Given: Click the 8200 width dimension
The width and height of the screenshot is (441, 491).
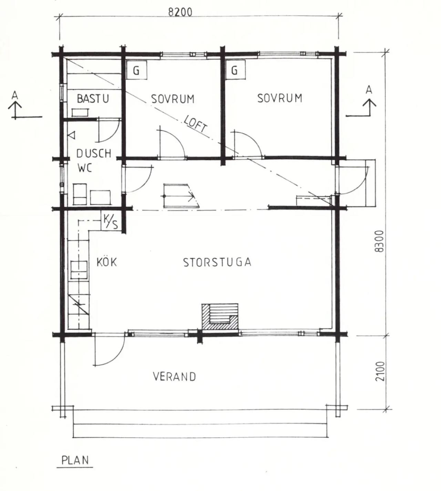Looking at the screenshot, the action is [180, 12].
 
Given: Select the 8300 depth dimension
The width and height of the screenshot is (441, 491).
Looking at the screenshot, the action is [379, 241].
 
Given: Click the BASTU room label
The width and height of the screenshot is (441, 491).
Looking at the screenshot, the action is [93, 99].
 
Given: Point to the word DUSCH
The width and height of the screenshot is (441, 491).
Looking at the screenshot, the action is [94, 153].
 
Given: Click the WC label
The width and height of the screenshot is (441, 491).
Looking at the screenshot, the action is [85, 168].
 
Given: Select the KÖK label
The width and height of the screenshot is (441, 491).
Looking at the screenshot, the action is [107, 262].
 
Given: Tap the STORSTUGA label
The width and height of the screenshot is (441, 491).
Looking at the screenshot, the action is [217, 263].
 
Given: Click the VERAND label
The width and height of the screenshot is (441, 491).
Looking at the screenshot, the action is [174, 377].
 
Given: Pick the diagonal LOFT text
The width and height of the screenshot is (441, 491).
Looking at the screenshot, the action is [196, 124].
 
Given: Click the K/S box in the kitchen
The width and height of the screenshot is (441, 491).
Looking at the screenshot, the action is [111, 221].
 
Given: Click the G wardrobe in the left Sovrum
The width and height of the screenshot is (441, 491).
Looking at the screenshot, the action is [137, 70].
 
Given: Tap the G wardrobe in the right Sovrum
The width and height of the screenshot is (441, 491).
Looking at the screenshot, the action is [235, 70].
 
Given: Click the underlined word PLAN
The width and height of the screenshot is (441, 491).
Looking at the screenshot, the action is [75, 460].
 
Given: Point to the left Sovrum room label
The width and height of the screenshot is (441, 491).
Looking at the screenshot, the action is [173, 99].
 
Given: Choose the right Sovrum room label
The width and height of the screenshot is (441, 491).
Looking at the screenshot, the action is [280, 98].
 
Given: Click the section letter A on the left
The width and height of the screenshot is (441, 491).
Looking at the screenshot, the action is [15, 95].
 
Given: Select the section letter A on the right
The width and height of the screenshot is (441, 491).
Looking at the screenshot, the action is [369, 90].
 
